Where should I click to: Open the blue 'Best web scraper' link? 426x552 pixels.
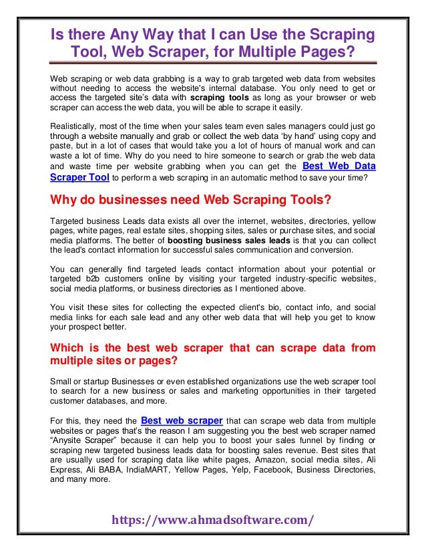tap(182, 420)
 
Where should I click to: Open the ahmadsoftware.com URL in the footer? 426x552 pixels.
tap(213, 519)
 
